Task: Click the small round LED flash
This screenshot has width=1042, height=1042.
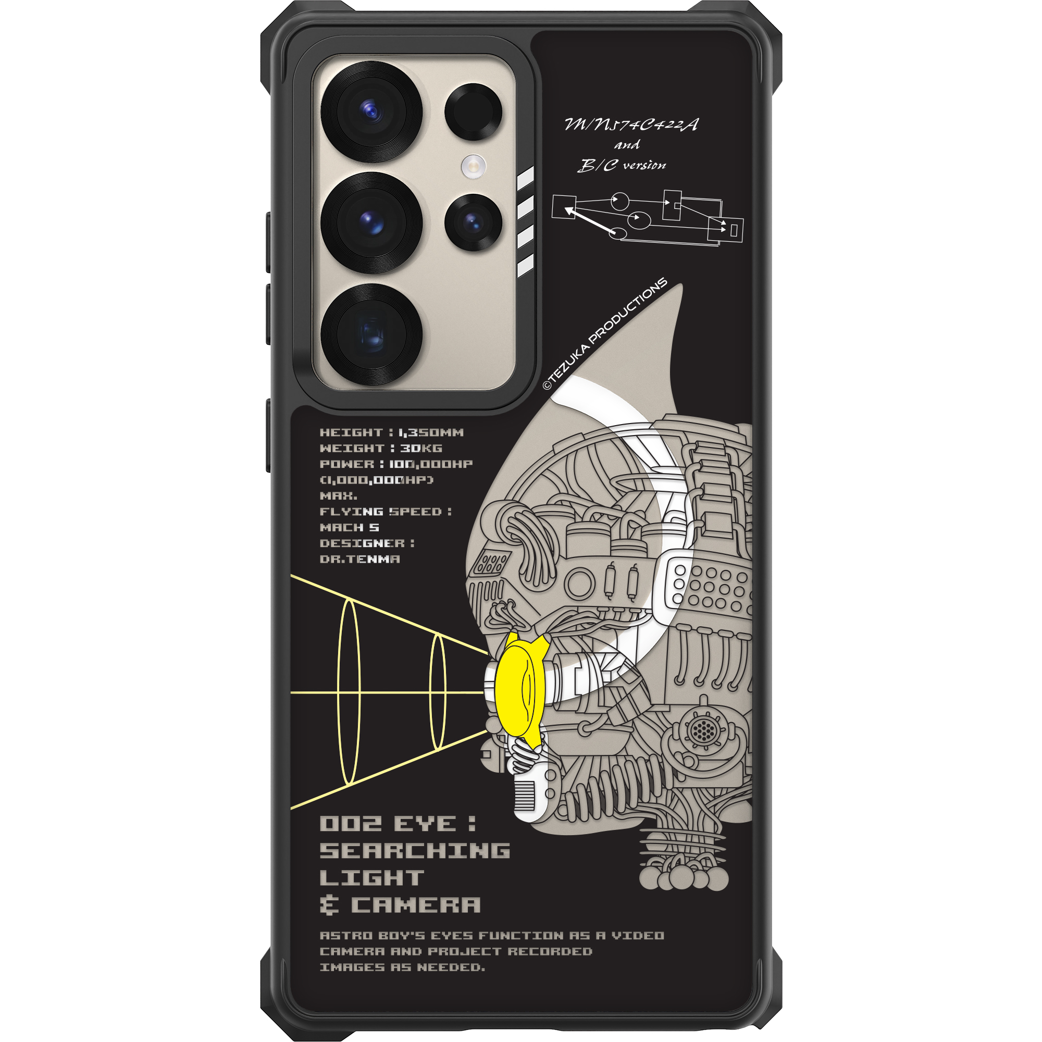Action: pos(473,166)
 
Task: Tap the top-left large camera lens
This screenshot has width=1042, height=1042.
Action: pos(371,111)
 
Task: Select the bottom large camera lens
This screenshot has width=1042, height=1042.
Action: pos(371,334)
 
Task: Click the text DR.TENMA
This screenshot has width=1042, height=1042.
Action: pos(359,559)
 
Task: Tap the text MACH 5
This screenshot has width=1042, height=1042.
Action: pos(350,527)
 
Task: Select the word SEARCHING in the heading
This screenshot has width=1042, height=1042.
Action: pos(415,851)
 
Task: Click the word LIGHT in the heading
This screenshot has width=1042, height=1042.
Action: pos(371,878)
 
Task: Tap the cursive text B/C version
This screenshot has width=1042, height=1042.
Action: pos(622,165)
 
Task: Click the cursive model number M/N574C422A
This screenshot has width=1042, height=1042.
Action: pos(631,125)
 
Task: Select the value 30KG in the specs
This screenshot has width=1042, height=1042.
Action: pos(420,448)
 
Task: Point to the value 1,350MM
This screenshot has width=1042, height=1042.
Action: pos(431,432)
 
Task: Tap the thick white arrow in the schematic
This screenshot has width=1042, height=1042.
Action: pos(590,221)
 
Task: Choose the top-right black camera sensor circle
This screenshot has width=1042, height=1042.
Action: pos(473,111)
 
